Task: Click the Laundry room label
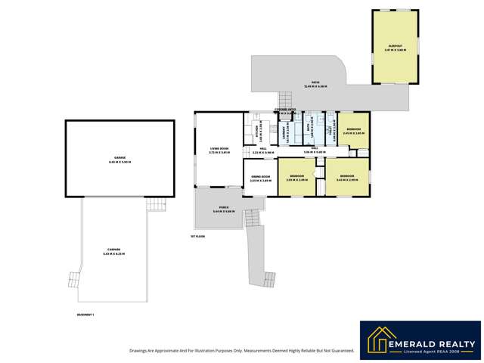tap(285, 134)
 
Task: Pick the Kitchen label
tap(256, 132)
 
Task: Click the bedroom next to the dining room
tap(296, 178)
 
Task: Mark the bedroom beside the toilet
tap(353, 132)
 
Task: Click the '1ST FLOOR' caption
tap(197, 236)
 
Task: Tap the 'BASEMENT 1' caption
tap(85, 314)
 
